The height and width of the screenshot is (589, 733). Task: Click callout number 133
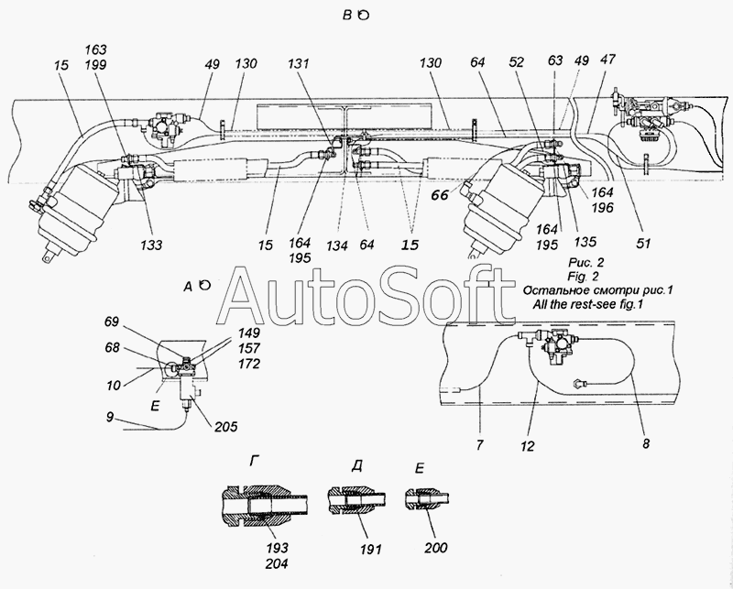click(x=151, y=245)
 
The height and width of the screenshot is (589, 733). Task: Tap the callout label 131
click(x=299, y=63)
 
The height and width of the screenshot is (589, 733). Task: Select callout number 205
click(x=225, y=426)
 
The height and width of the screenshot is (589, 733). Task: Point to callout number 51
click(x=643, y=243)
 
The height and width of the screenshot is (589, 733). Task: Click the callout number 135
click(x=585, y=241)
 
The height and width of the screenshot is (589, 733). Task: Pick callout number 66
click(x=440, y=195)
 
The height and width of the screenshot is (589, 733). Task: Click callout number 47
click(x=607, y=60)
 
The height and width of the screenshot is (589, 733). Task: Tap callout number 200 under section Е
click(x=436, y=548)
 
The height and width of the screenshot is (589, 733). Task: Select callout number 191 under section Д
click(x=371, y=549)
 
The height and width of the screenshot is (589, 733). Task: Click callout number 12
click(x=527, y=446)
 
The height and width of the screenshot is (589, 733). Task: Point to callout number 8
click(x=646, y=443)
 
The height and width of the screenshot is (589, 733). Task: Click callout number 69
click(x=111, y=322)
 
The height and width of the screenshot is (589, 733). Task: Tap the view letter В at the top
click(x=347, y=15)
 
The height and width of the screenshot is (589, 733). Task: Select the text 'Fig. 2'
click(x=583, y=277)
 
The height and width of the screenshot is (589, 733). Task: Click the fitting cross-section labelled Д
click(x=356, y=501)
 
